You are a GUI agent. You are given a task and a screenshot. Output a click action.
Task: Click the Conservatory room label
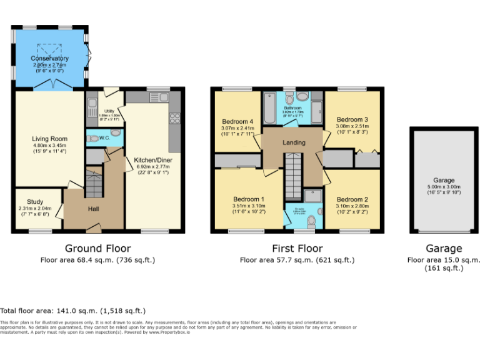click(49, 59)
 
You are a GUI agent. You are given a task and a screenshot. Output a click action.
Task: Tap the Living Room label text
click(49, 139)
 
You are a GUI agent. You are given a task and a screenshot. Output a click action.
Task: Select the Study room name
click(36, 202)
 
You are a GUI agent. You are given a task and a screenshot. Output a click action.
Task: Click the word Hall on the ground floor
click(93, 209)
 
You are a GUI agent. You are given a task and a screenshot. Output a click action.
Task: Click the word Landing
click(294, 142)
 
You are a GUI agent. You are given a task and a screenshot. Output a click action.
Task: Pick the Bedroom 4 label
click(237, 121)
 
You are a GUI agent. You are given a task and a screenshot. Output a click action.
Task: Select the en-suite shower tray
click(314, 196)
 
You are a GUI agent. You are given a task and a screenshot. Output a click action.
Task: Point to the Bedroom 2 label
click(352, 200)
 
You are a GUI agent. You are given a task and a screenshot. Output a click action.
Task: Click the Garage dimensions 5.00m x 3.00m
click(444, 188)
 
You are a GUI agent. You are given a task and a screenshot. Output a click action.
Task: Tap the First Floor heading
click(297, 248)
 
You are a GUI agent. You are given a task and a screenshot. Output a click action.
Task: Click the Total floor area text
click(73, 311)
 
